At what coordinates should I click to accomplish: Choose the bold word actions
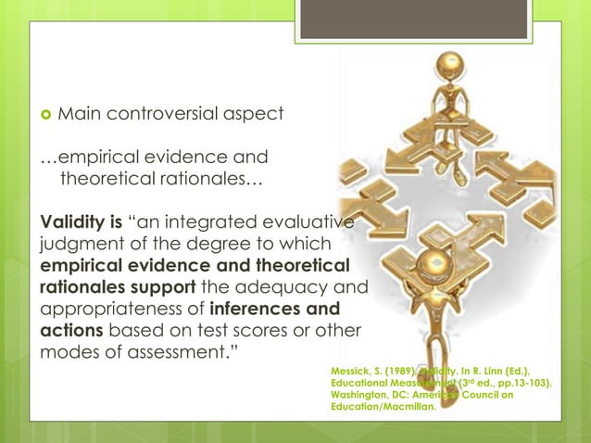(x=71, y=331)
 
